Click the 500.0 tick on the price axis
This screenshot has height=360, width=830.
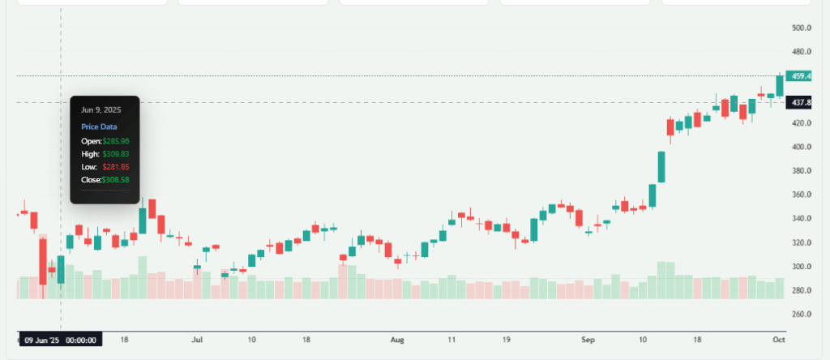pyautogui.click(x=802, y=28)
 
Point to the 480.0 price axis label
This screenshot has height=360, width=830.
pyautogui.click(x=802, y=52)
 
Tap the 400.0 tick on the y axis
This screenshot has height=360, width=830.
pyautogui.click(x=802, y=147)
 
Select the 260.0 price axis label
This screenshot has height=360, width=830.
pyautogui.click(x=802, y=314)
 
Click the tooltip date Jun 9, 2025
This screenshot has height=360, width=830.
pyautogui.click(x=101, y=109)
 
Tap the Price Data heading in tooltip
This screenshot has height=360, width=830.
pyautogui.click(x=99, y=127)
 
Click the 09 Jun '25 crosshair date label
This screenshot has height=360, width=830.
pyautogui.click(x=60, y=341)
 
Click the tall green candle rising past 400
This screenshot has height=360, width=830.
pyautogui.click(x=661, y=161)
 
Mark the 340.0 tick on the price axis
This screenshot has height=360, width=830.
pyautogui.click(x=802, y=219)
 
